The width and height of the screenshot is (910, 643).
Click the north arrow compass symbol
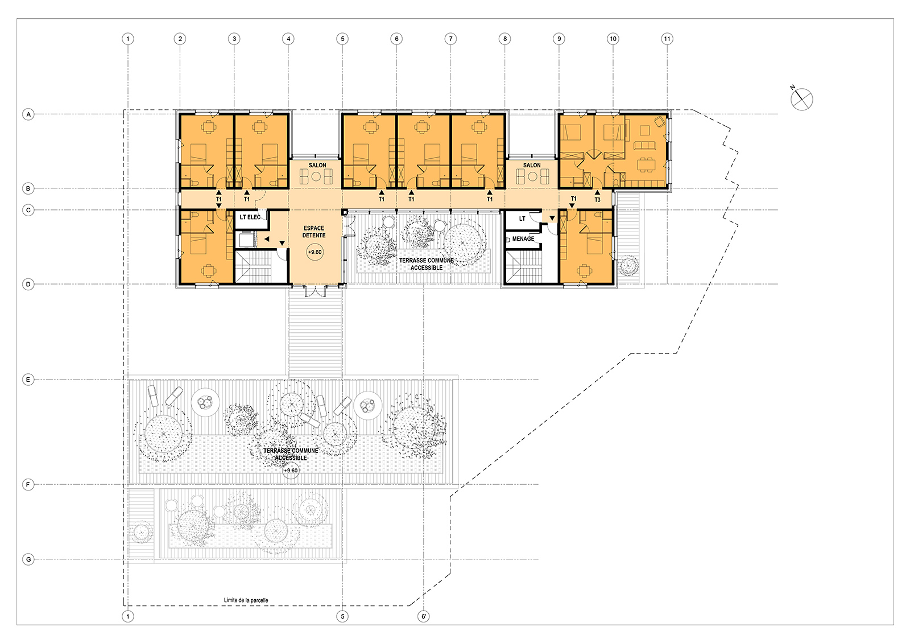coord(801,99)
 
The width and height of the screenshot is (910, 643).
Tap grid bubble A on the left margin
coord(28,114)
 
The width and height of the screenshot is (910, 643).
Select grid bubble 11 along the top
coord(667,39)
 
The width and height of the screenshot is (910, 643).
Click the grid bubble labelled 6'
coord(423,616)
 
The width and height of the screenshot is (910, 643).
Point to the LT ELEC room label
coord(250,217)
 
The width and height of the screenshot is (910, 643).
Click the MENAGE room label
coord(523,238)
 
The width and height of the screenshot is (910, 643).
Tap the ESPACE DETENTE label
coord(314,232)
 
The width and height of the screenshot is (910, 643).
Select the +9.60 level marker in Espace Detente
coord(315,252)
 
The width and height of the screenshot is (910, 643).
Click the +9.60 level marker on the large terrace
coord(291,470)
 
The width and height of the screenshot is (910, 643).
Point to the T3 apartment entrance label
coord(597,200)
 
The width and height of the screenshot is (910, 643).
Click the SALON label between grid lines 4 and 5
coord(317,166)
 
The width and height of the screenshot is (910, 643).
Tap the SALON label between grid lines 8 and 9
coord(532,166)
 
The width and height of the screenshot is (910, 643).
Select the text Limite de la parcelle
coord(246,600)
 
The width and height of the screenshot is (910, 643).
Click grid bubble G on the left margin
coord(28,559)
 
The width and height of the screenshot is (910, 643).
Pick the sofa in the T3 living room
coord(645,145)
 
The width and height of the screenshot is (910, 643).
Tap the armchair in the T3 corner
coord(659,121)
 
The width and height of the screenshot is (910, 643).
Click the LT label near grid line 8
coord(522,219)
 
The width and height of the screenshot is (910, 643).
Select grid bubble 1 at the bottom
coord(128,616)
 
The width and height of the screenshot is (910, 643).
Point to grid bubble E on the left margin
coord(28,380)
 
